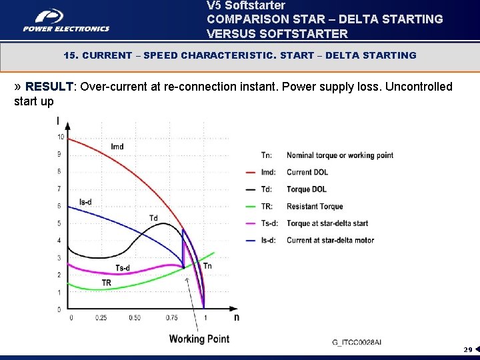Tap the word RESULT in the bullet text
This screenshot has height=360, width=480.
[x=49, y=87]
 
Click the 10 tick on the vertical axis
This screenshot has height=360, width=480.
[x=61, y=137]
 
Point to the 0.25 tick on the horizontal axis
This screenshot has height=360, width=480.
[x=101, y=318]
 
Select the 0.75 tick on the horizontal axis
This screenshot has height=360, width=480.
[x=172, y=318]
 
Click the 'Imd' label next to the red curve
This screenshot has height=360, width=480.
[x=117, y=147]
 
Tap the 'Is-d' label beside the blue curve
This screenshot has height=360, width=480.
[x=85, y=202]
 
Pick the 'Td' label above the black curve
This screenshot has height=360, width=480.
[x=153, y=218]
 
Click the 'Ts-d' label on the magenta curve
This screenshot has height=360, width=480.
[x=122, y=268]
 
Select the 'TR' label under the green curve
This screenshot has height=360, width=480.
[x=106, y=283]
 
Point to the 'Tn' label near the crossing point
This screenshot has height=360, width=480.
[x=207, y=266]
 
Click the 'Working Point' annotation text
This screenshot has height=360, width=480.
[x=199, y=339]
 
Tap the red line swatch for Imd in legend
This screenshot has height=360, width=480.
[x=251, y=173]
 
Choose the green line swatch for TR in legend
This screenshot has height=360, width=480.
[x=251, y=207]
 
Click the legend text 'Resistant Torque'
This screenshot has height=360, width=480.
[x=315, y=207]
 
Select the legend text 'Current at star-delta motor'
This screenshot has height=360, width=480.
[x=330, y=241]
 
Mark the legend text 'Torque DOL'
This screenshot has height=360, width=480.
[x=307, y=189]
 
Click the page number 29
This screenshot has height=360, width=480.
[x=468, y=349]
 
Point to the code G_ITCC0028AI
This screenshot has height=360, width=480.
[x=357, y=342]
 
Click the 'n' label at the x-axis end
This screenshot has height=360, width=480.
[x=236, y=317]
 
